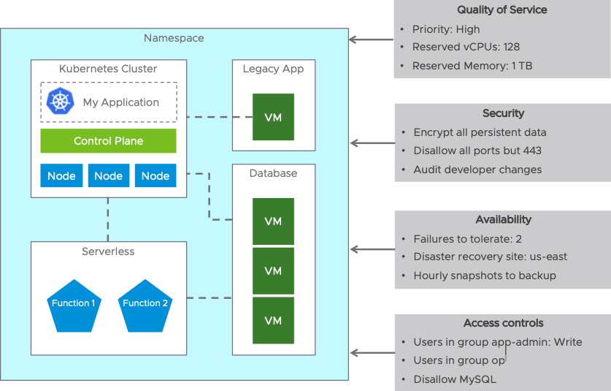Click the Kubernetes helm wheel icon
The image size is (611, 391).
coord(60,102)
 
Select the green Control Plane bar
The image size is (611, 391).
coord(108,141)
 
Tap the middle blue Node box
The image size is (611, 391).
coord(109,175)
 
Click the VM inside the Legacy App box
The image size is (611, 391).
coord(273,117)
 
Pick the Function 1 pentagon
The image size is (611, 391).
coord(74,306)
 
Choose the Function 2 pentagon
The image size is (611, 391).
coord(145,306)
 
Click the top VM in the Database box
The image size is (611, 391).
coord(273,221)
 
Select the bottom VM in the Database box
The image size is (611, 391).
coord(273,320)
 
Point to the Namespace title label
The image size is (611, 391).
coord(174,38)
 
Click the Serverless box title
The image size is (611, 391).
coord(108,251)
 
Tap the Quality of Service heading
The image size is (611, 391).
coord(502,10)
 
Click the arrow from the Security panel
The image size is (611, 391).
coord(372,143)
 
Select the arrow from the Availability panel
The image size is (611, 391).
coord(372,249)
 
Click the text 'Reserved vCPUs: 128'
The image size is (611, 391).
coord(466,48)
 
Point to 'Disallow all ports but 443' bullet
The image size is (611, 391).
coord(477,151)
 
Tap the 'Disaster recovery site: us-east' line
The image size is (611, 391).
coord(491,257)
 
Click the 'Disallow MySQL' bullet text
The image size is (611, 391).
coord(455,379)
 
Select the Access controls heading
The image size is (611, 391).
coord(504,323)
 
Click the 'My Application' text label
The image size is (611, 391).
coord(121,102)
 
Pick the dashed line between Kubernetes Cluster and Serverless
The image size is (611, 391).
coord(108,220)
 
